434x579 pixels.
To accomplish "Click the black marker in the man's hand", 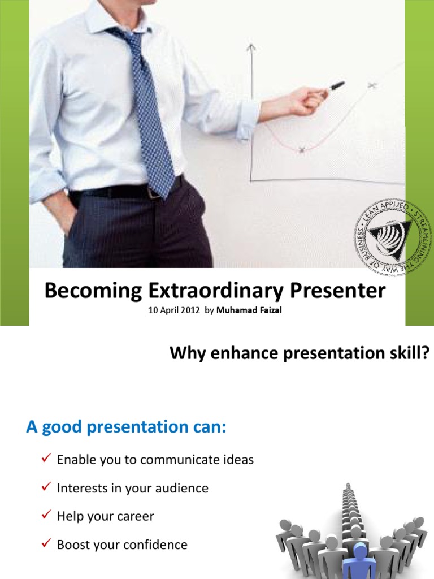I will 337,87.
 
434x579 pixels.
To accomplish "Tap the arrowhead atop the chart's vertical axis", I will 251,47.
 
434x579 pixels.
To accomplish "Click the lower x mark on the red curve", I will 302,150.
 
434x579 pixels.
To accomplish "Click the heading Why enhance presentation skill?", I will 300,353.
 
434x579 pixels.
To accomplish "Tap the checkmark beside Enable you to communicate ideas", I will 47,459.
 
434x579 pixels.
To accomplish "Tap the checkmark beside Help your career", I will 47,516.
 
